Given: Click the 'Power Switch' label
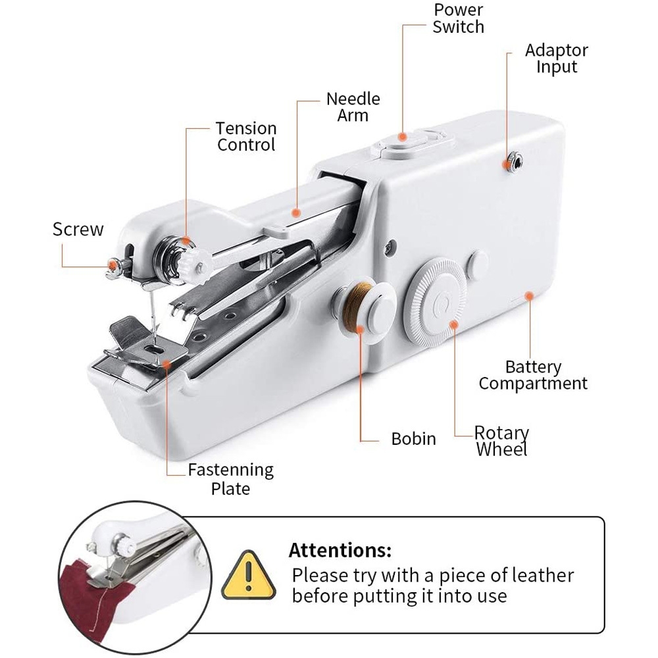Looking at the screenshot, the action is point(458,18).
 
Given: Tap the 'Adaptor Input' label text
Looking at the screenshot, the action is point(557,59).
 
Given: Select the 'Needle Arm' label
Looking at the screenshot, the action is point(353,107).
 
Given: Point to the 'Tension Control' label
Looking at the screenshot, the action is point(246,136).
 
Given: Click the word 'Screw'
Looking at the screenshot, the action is point(78,229).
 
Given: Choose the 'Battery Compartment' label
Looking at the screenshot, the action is point(533,375).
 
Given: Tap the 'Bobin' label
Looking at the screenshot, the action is point(413,439).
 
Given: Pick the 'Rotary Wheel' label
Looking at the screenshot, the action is point(501,441).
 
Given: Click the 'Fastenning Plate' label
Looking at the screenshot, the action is point(231,479).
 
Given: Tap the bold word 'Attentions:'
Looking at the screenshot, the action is point(340,549).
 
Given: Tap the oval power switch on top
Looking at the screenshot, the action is point(403,145).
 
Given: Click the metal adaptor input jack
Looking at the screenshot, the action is point(515,161).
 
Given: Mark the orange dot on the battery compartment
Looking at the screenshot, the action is point(529,296).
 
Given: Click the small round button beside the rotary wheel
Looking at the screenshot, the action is point(478,265).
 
